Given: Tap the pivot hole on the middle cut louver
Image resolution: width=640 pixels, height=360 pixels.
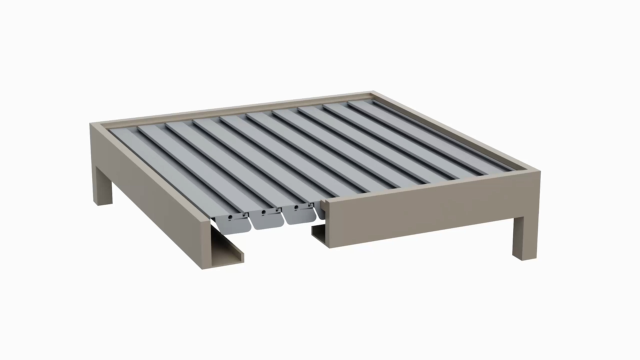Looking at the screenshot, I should [263, 212].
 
